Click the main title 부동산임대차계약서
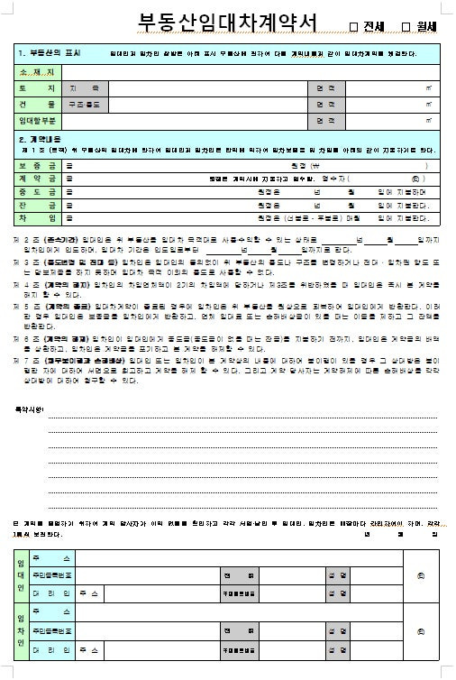pyautogui.click(x=224, y=23)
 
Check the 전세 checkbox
pyautogui.click(x=353, y=26)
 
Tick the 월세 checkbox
pyautogui.click(x=405, y=26)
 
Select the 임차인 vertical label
pyautogui.click(x=21, y=632)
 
